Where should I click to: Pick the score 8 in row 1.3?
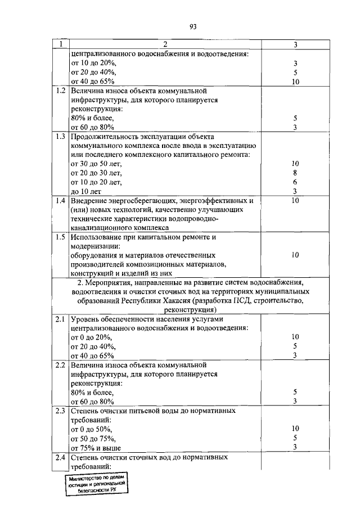click(295, 173)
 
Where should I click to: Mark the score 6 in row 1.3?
click(295, 182)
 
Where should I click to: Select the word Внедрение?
click(90, 200)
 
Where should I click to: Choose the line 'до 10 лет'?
click(86, 191)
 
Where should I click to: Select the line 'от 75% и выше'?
click(96, 448)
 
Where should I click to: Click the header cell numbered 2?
click(165, 44)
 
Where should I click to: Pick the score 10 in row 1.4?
click(295, 200)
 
